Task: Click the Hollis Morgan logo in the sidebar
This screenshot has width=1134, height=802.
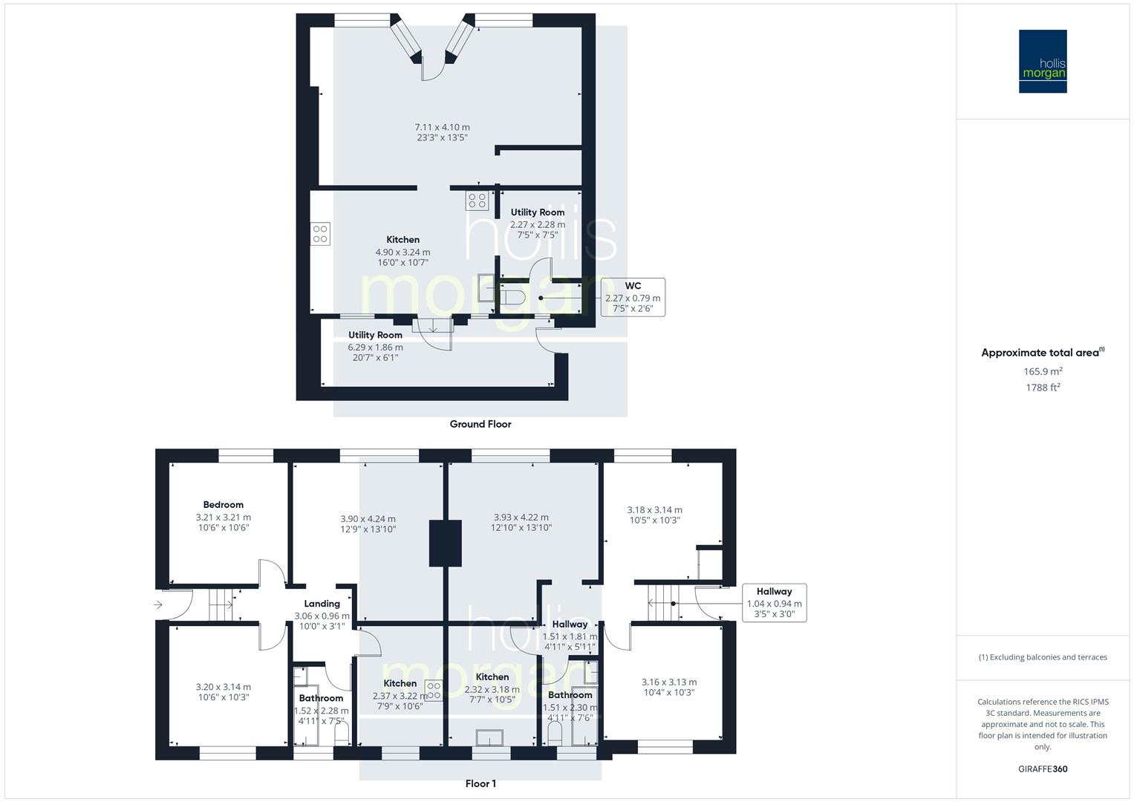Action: [x=1043, y=61]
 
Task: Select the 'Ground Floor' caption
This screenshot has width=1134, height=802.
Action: [x=480, y=424]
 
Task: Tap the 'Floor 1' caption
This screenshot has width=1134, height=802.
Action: [x=480, y=783]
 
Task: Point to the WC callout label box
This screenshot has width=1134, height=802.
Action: [x=633, y=297]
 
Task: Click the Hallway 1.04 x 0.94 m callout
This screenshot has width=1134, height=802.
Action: [x=774, y=602]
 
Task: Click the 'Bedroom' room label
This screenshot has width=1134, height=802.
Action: [x=223, y=505]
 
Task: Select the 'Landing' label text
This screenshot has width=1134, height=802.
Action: [x=322, y=604]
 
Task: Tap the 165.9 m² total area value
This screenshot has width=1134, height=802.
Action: [x=1043, y=371]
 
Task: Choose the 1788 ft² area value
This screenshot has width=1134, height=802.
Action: [x=1043, y=387]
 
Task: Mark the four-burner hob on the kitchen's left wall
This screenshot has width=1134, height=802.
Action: [x=320, y=234]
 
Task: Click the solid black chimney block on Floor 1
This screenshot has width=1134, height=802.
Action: [x=446, y=543]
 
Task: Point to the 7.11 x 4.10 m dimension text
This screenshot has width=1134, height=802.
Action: [x=442, y=127]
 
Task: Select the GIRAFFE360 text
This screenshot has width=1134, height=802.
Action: [x=1043, y=769]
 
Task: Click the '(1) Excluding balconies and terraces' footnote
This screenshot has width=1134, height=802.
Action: [x=1043, y=657]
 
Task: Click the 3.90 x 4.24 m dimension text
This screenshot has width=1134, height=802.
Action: [x=368, y=519]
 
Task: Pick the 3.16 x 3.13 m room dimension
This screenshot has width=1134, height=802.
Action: [x=669, y=682]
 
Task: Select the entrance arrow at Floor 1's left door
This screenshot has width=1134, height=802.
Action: [x=158, y=605]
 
